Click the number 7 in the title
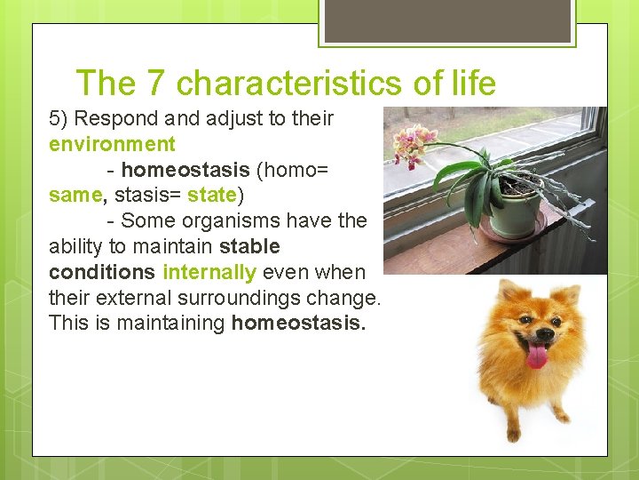coord(156,84)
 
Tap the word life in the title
coord(473,84)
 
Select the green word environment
coord(113,144)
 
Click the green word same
coord(75,195)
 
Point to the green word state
coord(211,195)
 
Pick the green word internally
coord(209,271)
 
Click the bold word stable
coord(249,246)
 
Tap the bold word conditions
coord(102,271)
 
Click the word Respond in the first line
coord(120,119)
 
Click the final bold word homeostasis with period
coord(298,323)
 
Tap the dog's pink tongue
coord(537,356)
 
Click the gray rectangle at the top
coord(446,21)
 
